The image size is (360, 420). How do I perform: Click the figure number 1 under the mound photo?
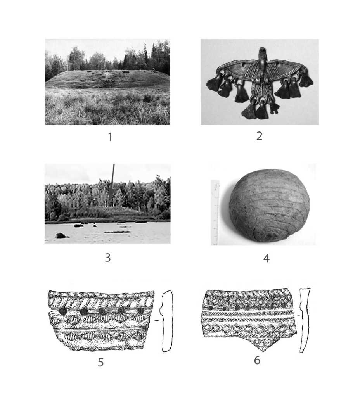(x=110, y=137)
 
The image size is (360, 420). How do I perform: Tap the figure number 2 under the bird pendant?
(x=259, y=136)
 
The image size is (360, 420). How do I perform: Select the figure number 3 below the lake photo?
(x=108, y=258)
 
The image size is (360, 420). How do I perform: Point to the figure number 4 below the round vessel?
(x=266, y=258)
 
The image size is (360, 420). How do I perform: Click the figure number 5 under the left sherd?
(x=101, y=362)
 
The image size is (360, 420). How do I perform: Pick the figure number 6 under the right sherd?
(x=257, y=360)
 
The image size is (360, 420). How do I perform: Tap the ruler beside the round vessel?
(x=215, y=213)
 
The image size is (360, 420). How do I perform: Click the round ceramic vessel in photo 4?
(x=269, y=206)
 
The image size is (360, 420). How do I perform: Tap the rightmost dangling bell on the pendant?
(x=306, y=80)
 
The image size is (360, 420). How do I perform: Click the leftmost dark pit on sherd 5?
(x=63, y=311)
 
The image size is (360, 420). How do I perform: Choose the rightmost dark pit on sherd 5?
(x=140, y=311)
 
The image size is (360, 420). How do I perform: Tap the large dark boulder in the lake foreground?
(x=61, y=235)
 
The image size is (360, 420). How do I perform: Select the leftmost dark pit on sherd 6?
(x=211, y=308)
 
